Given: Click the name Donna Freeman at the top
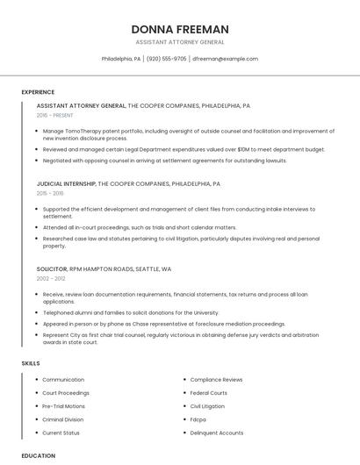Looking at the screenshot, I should point(179,29).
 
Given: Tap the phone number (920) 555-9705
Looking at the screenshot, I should point(167,59).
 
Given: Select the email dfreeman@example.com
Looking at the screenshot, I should point(225,59).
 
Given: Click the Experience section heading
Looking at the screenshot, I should point(38,92).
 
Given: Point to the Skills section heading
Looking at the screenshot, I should point(31,363).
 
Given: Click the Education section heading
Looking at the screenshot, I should point(38,456).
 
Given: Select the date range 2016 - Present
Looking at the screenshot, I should point(55,115).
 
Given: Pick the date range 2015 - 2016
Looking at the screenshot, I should point(50,193).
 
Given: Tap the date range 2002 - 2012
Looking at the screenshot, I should point(50,278).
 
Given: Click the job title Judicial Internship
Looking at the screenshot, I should point(66,184).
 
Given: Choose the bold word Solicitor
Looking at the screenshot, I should point(52,269).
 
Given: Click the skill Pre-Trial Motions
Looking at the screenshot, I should point(64,406).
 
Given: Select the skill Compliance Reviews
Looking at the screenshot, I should point(216,380).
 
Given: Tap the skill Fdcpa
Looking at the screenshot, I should point(198,419).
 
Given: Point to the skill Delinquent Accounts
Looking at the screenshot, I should point(217,433).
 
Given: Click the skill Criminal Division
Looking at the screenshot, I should point(64,419).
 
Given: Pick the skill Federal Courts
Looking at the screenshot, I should point(209,393).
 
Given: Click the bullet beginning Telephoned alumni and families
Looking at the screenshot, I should point(131,311).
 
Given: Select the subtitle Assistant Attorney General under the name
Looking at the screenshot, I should point(179,42).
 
